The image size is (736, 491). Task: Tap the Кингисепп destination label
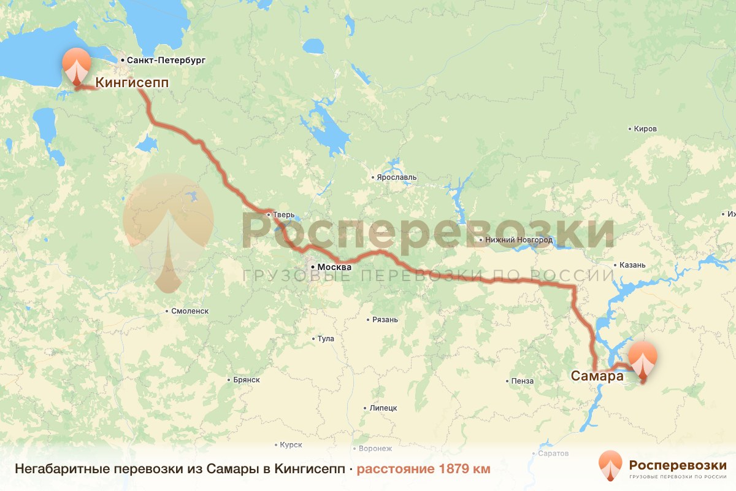pyautogui.click(x=132, y=82)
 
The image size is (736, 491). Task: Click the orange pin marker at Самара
pyautogui.click(x=643, y=360)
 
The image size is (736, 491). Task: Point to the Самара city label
pyautogui.click(x=597, y=376)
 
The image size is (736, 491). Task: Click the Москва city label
pyautogui.click(x=334, y=268)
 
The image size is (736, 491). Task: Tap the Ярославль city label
pyautogui.click(x=396, y=177)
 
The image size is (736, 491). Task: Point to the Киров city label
pyautogui.click(x=646, y=129)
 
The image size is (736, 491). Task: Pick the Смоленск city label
pyautogui.click(x=190, y=311)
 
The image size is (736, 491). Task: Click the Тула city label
pyautogui.click(x=325, y=339)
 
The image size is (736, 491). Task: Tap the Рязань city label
pyautogui.click(x=385, y=320)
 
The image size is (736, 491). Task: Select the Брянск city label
pyautogui.click(x=247, y=380)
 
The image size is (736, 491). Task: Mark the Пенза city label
pyautogui.click(x=522, y=381)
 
